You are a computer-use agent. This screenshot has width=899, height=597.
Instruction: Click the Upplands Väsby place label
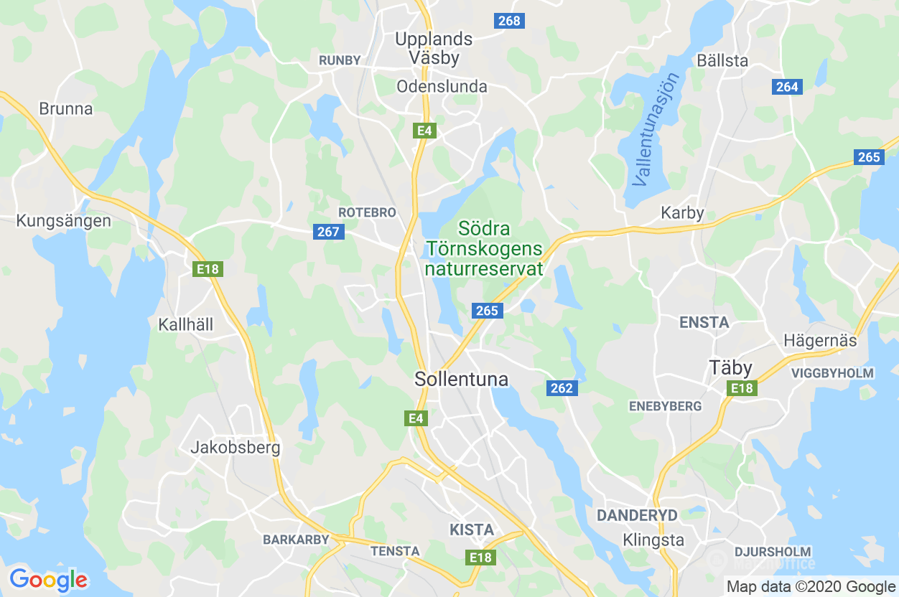coord(434,48)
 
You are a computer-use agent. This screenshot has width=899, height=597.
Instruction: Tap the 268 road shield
coord(509,21)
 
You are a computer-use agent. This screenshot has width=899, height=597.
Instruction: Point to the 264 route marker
coord(787,87)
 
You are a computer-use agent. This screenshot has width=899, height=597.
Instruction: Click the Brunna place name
coord(66,109)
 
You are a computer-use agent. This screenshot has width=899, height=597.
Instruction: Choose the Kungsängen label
coord(63,220)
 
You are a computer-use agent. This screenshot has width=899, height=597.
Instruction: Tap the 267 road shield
coord(328,232)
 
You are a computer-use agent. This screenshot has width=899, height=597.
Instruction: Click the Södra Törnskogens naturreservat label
coord(484,249)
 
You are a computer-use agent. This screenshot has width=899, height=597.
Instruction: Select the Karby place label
coord(682,213)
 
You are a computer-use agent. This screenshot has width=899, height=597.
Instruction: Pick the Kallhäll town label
coord(186,324)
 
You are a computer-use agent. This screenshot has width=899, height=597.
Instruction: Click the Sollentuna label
coord(462,380)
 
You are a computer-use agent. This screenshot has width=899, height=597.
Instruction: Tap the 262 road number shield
coord(562,388)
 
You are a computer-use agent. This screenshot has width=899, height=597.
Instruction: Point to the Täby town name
coord(731,368)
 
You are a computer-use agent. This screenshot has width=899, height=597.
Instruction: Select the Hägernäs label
coord(821,340)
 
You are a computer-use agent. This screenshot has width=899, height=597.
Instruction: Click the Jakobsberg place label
coord(236,448)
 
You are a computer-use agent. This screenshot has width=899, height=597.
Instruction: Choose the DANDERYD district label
coord(637,515)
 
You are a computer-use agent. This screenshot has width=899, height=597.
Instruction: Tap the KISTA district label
coord(472,530)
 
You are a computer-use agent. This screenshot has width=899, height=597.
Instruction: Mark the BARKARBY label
coord(296,539)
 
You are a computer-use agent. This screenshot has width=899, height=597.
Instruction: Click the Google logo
coord(48,579)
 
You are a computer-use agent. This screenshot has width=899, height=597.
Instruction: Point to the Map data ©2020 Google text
coord(809,586)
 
